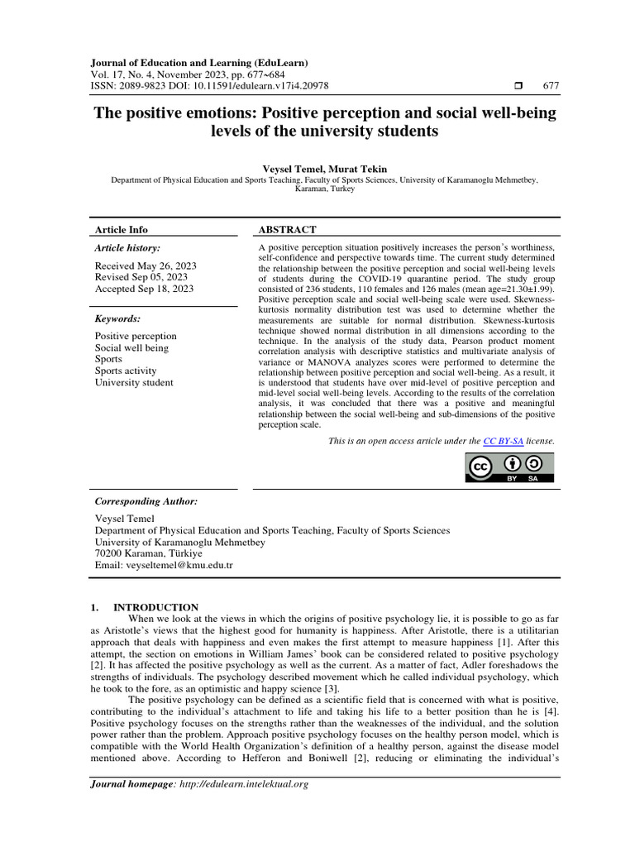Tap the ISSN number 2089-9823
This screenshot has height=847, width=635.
pos(146,86)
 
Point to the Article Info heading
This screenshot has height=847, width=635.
pos(122,229)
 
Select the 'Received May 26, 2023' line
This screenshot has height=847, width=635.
pos(145,266)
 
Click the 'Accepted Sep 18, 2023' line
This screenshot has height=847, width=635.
pos(145,289)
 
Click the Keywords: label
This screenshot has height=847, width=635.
pos(118,318)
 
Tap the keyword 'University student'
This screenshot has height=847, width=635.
pos(134,382)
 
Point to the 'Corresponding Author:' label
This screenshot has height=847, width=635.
pos(146,501)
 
